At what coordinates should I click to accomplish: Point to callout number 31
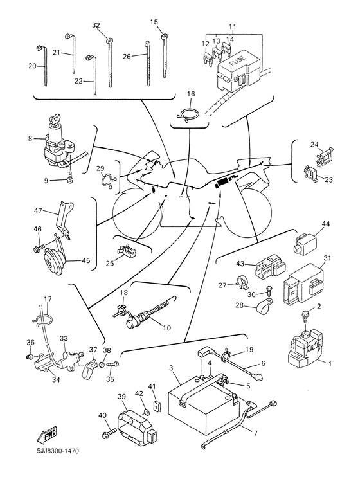pyautogui.click(x=327, y=258)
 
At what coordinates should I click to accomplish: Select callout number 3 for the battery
pyautogui.click(x=171, y=368)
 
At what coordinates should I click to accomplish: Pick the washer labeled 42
pyautogui.click(x=147, y=412)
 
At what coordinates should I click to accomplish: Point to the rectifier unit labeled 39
pyautogui.click(x=136, y=424)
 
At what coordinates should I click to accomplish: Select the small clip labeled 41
pyautogui.click(x=156, y=406)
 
